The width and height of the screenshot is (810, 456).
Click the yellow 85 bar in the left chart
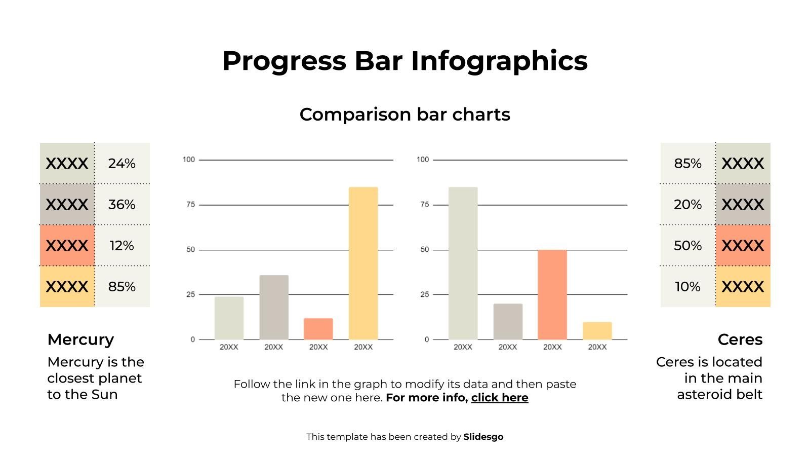[x=363, y=263]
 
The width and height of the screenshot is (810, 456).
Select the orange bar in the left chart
[x=318, y=329]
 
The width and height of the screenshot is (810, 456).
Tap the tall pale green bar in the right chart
[x=463, y=263]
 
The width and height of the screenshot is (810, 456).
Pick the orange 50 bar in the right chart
[x=552, y=294]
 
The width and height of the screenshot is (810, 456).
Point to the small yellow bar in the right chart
[x=597, y=331]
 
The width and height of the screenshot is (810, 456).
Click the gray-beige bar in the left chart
[x=274, y=307]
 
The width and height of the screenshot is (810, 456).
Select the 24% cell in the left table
[x=122, y=164]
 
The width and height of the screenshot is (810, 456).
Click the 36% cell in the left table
[x=122, y=205]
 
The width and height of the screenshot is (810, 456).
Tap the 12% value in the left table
[x=122, y=246]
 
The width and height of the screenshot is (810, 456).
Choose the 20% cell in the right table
[x=687, y=205]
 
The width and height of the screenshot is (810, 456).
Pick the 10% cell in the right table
[x=687, y=287]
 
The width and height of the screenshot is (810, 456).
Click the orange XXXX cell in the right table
[x=743, y=246]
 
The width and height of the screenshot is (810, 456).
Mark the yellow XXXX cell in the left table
[x=67, y=287]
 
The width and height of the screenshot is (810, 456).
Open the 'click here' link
[x=500, y=398]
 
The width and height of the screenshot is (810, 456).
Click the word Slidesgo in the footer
[x=483, y=437]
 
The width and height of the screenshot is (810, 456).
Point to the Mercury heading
[x=80, y=339]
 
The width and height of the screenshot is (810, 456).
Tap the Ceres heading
[x=740, y=339]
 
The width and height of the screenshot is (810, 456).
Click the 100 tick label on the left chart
[x=189, y=160]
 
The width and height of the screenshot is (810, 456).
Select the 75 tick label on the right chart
[x=424, y=205]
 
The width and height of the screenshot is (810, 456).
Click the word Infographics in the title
[x=499, y=61]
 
